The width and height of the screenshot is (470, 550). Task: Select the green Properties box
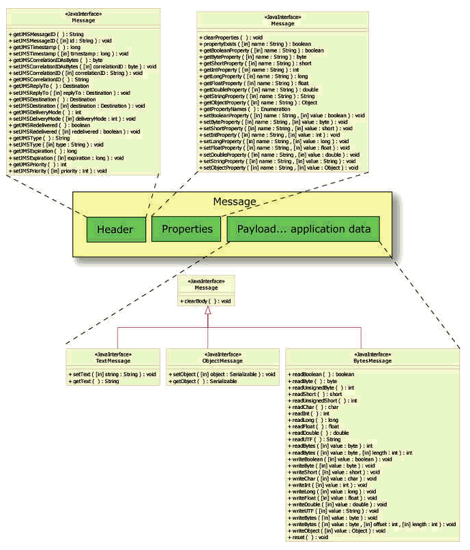(186, 230)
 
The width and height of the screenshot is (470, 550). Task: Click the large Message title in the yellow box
(234, 202)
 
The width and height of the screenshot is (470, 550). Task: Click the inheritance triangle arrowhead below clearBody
(207, 311)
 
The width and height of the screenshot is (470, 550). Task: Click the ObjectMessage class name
(222, 361)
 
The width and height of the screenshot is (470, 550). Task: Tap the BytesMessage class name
(372, 361)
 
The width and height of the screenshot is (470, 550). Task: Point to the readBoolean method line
(322, 374)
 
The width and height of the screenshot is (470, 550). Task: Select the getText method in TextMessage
(94, 381)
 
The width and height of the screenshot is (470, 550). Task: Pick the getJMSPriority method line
(39, 164)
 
